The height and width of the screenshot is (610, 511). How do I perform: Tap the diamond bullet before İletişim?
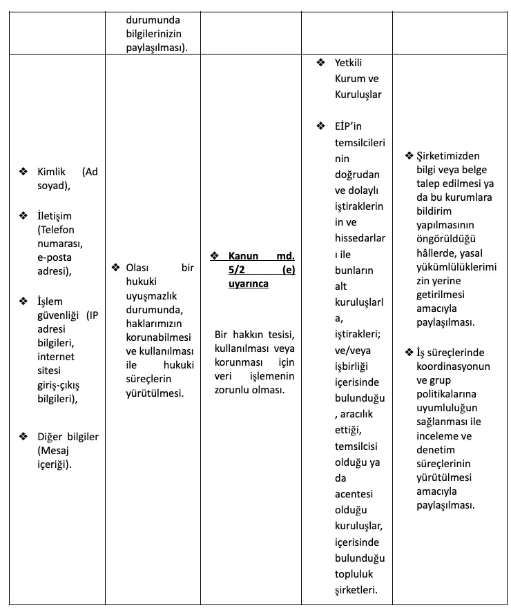23,216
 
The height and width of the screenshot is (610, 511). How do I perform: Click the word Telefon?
57,230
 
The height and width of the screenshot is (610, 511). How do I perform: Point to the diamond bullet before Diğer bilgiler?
23,436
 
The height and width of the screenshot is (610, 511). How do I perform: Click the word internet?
56,357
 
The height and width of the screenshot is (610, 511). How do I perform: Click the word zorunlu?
233,390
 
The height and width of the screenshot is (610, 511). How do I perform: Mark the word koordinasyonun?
452,367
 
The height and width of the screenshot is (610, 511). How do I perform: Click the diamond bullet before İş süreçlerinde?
409,353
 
